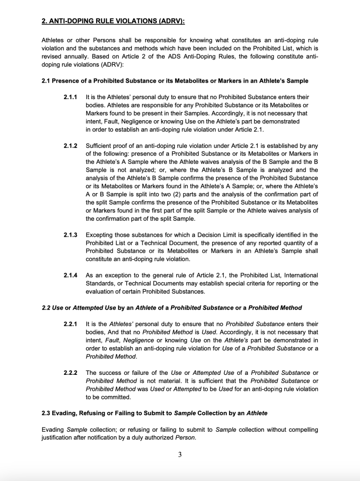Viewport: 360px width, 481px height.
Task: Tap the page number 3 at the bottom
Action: click(180, 454)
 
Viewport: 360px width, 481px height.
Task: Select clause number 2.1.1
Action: click(70, 97)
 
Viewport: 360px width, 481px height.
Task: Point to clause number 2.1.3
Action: click(70, 235)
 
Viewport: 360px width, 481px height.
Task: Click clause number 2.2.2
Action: click(70, 372)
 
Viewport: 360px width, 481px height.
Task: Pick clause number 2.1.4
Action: click(70, 275)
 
